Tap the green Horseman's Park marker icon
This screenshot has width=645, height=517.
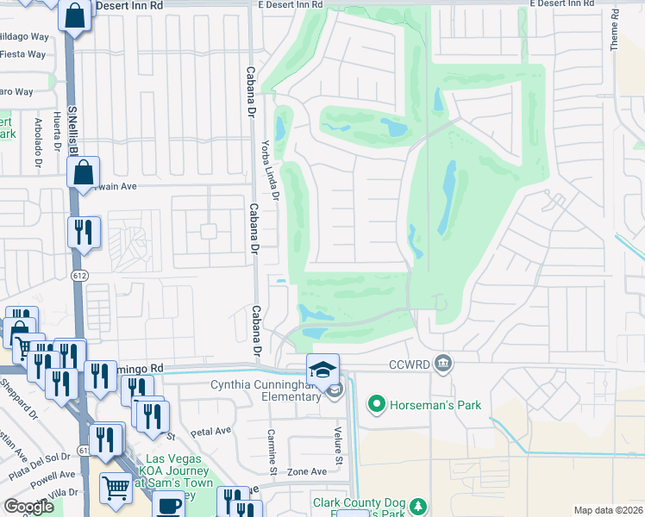[376, 403]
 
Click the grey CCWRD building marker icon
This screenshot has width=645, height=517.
[444, 363]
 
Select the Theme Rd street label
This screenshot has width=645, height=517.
[615, 29]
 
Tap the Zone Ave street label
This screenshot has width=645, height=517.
[307, 471]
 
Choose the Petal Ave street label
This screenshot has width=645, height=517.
[211, 431]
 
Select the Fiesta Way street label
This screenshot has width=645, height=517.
[23, 53]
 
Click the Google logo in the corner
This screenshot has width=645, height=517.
[29, 507]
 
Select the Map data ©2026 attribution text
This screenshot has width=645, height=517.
[609, 510]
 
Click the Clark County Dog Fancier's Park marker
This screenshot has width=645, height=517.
[417, 506]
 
